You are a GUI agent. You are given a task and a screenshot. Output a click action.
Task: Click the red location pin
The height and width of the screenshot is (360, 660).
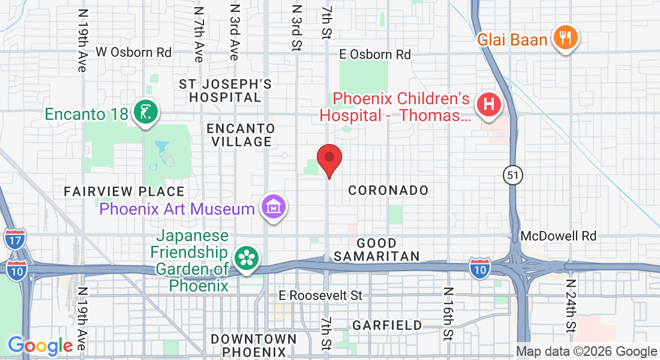329,159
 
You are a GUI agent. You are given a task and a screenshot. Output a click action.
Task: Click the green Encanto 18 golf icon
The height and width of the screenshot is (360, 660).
145,112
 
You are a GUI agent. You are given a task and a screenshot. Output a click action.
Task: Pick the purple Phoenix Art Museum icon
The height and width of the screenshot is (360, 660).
274,208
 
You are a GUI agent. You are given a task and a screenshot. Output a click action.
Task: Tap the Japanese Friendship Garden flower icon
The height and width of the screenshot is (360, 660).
246,259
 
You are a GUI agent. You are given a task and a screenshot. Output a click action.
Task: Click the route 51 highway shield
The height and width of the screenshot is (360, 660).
514,175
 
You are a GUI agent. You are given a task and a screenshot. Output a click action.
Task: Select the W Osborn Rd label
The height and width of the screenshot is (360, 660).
134,52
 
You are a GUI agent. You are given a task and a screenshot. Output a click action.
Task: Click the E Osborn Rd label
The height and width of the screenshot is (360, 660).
375,55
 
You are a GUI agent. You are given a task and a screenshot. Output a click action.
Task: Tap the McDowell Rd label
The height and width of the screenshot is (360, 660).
559,236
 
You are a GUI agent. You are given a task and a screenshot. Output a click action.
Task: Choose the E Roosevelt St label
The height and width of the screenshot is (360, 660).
322,296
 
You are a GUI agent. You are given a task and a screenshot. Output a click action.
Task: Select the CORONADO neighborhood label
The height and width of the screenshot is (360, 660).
389,190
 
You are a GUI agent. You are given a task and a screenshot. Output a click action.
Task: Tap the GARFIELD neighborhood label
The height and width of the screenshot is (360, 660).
387,325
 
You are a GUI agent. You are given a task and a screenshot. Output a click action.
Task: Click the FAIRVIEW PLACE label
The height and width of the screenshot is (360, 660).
124,191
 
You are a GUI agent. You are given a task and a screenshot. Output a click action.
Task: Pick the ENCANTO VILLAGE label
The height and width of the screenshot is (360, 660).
241,135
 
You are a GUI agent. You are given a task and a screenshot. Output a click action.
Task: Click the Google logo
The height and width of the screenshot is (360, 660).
40,346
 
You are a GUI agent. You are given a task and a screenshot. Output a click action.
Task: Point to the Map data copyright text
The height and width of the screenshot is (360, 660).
587,352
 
